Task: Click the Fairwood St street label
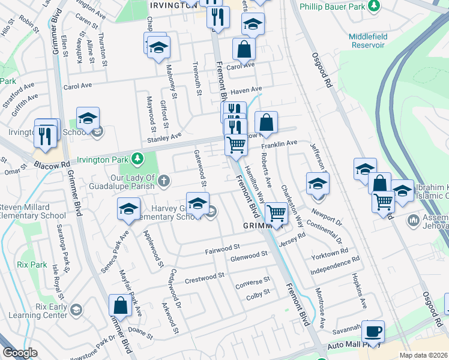coord(222,247)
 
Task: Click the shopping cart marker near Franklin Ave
coord(237,145)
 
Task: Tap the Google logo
coord(20,353)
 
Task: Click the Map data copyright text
coord(423,355)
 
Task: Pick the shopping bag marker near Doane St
coord(120,306)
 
